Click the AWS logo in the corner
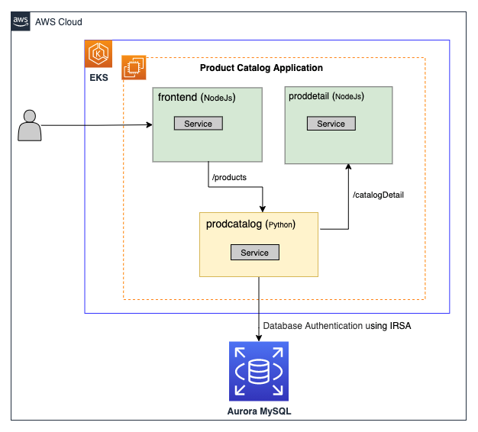[21, 22]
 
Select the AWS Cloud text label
[59, 22]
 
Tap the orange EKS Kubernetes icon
[99, 54]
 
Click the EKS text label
[99, 79]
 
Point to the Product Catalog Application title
[261, 68]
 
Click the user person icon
[30, 126]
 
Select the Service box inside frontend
[199, 124]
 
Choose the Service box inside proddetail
[331, 124]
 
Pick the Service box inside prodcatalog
[254, 253]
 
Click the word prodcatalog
[234, 224]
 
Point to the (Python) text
[280, 225]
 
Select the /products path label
[228, 177]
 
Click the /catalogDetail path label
[378, 195]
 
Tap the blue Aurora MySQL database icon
[259, 371]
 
